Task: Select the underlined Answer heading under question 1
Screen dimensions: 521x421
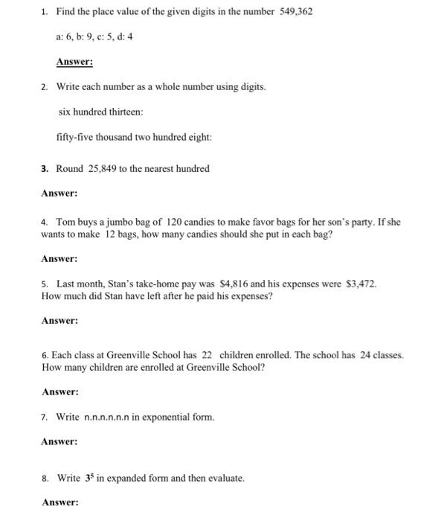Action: (74, 62)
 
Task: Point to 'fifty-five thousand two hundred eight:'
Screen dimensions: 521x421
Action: (123, 137)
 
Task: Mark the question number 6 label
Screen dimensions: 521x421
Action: (45, 355)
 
